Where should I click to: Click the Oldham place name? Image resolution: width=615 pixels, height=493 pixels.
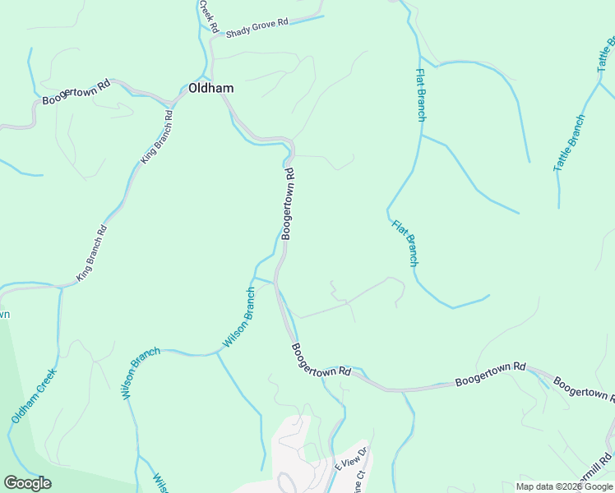tap(210, 88)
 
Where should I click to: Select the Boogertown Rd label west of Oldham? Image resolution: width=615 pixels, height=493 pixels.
tap(76, 92)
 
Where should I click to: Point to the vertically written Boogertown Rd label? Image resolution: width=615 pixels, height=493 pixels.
tap(288, 204)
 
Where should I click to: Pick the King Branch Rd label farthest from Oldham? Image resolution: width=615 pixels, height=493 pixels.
tap(92, 254)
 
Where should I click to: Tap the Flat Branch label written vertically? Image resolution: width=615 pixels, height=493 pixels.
tap(420, 94)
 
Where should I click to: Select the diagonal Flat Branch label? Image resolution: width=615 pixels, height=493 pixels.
tap(405, 242)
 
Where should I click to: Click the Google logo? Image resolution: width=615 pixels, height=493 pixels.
tap(27, 483)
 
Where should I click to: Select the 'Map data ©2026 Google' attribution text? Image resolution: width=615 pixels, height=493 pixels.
tap(565, 486)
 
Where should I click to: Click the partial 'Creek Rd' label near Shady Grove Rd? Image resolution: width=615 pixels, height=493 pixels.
tap(210, 16)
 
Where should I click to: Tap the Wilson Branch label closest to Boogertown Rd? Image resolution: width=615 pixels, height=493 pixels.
tap(239, 316)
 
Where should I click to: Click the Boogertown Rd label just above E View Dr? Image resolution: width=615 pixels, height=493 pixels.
tap(321, 360)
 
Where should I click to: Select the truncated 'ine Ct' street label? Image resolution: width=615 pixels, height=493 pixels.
tap(359, 481)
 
